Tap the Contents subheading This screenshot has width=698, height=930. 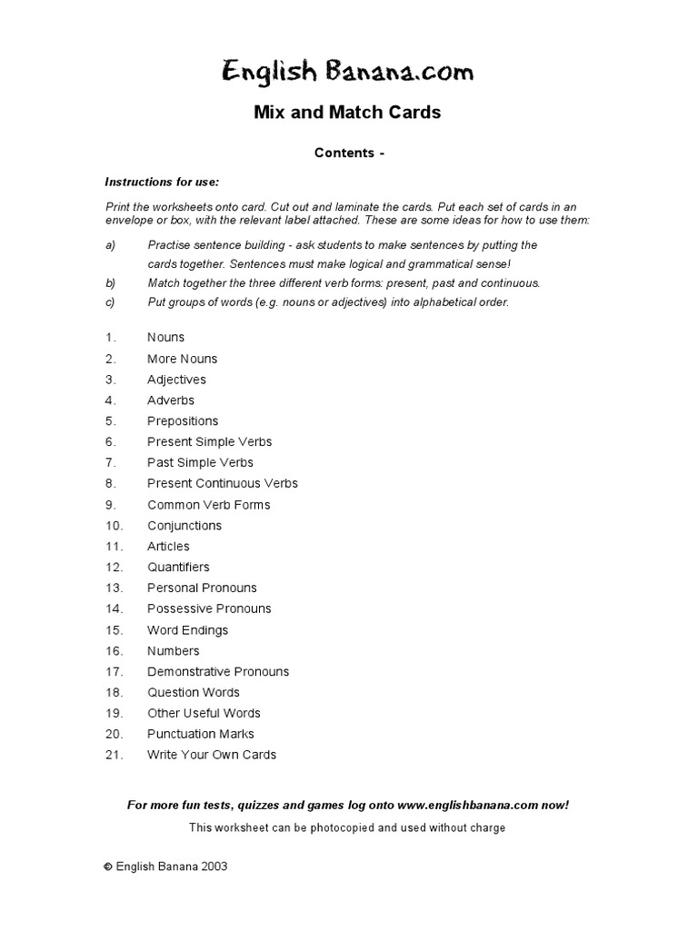[x=349, y=153]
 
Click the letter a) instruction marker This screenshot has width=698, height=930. [x=110, y=245]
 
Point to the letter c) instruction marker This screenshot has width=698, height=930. [x=110, y=302]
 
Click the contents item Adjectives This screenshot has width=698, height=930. [x=176, y=380]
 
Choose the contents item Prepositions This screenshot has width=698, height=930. [x=183, y=421]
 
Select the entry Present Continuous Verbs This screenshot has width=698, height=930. [x=222, y=483]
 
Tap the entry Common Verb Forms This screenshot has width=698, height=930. [x=208, y=505]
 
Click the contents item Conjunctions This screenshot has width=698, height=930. [x=184, y=526]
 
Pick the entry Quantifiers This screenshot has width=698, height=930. [x=178, y=568]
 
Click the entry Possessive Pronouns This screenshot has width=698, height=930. [x=209, y=608]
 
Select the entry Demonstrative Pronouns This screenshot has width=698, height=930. [x=218, y=672]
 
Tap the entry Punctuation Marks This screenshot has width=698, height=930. [x=200, y=734]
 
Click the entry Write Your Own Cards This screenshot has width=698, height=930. [x=211, y=755]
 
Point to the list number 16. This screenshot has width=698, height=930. [x=113, y=651]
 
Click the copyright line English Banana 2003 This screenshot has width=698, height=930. [x=170, y=866]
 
